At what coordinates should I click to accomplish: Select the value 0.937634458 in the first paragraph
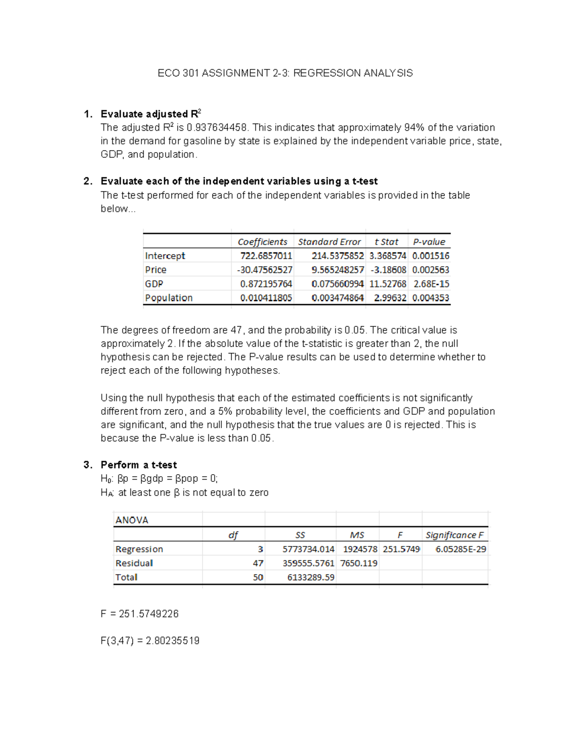coord(217,127)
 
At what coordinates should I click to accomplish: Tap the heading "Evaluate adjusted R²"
coord(150,114)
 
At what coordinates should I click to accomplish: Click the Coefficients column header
coord(262,242)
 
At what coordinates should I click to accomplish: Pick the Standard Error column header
coord(329,242)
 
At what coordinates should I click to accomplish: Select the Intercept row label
coord(165,256)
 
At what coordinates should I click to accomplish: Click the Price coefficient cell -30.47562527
coord(265,270)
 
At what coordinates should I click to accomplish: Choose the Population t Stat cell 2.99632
coord(390,298)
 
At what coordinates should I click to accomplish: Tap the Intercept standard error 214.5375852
coord(337,256)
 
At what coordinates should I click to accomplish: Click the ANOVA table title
coord(132,520)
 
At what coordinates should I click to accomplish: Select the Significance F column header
coord(454,535)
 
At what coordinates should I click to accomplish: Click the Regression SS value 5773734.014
coord(308,549)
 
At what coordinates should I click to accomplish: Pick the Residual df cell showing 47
coord(258,563)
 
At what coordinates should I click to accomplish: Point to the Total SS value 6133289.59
coord(311,577)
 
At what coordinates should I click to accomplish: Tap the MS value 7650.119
coord(359,563)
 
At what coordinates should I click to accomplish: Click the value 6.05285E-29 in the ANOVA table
coord(461,549)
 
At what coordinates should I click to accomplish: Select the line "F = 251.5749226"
coord(139,614)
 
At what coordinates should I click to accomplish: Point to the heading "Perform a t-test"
coord(138,465)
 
